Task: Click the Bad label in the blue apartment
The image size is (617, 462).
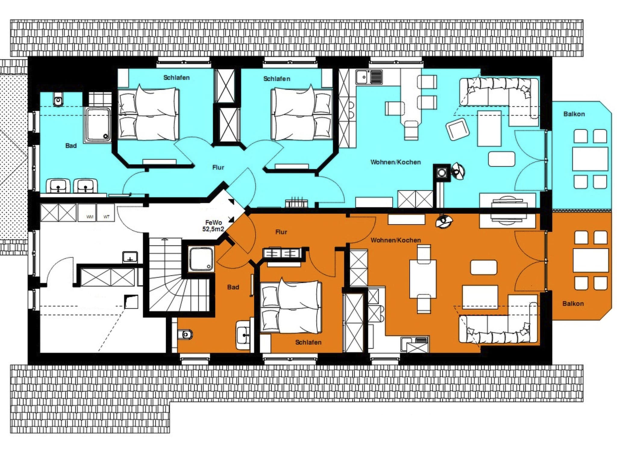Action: coord(71,146)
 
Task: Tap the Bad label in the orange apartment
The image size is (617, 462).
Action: coord(233,287)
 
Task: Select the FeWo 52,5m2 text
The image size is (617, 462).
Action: coord(213,226)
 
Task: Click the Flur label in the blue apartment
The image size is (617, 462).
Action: coord(218,168)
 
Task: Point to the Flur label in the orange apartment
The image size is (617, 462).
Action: coord(281,232)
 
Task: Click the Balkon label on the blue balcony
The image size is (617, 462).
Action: coord(574,114)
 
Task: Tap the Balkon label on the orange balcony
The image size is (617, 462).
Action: coord(573,303)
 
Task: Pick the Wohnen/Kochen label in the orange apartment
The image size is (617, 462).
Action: coord(396,240)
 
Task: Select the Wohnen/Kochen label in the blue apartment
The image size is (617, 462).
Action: coord(395,162)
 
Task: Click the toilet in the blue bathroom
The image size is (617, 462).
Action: coord(58,99)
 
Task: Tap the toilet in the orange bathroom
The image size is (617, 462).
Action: coord(185,334)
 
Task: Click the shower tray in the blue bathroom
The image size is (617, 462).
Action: coord(98,125)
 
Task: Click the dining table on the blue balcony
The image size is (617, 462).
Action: coord(590,159)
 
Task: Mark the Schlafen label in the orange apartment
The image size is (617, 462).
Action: coord(308,342)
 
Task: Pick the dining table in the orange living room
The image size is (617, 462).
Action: coord(423,279)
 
